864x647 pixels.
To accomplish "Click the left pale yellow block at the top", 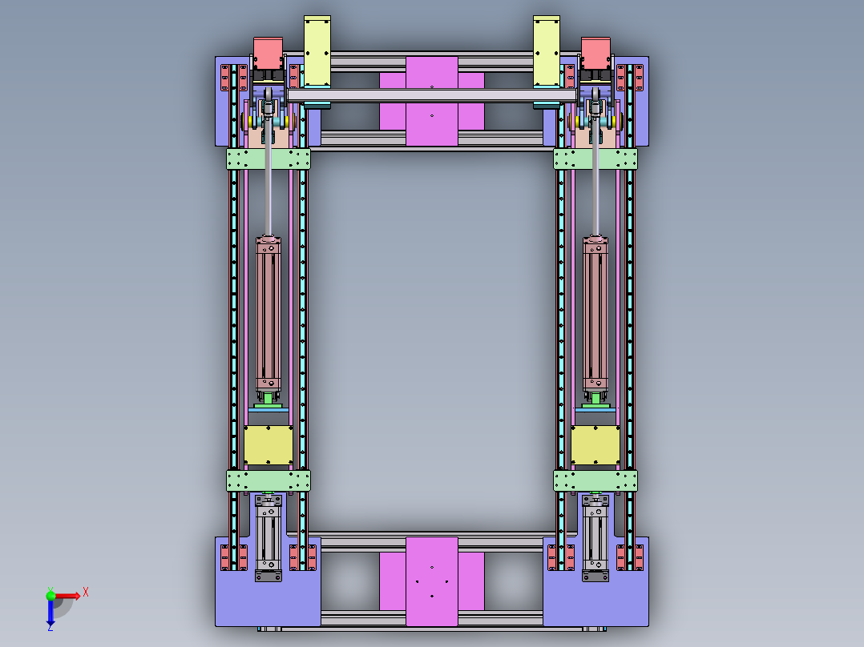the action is tap(317, 50).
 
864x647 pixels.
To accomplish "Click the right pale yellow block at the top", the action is tap(547, 50).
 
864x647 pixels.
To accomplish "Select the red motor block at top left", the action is tap(268, 54).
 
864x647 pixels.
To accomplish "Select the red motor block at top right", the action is tap(596, 54).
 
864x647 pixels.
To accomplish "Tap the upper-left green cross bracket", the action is tap(268, 159).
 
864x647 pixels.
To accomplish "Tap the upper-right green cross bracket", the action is tap(596, 159).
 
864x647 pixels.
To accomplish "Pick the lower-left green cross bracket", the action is tap(268, 480).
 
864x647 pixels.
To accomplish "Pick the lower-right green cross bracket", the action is tap(596, 480).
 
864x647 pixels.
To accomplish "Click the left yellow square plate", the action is tap(268, 445).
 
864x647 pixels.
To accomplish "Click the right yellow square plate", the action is tap(596, 445).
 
